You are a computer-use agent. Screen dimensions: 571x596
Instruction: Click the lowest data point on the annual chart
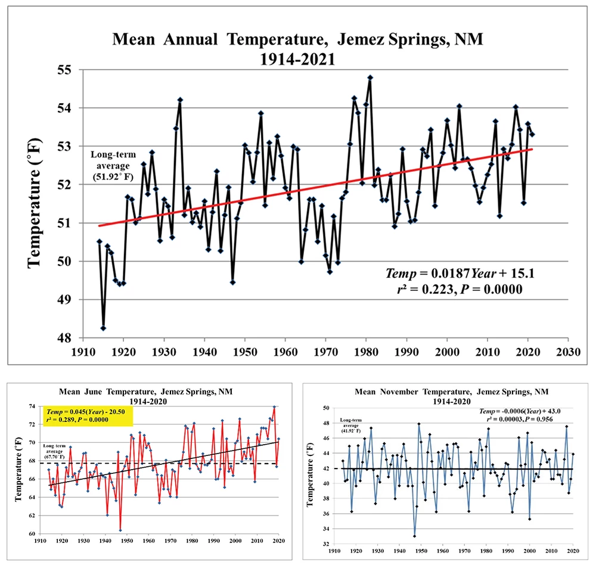click(103, 328)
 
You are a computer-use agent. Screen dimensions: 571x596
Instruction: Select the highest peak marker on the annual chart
click(370, 77)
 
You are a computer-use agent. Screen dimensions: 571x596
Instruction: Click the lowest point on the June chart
click(120, 530)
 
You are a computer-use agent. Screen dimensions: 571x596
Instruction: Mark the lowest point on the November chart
click(414, 536)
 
